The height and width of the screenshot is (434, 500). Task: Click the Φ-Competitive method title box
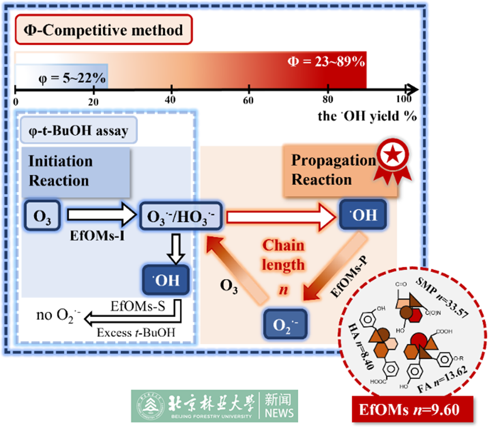pos(103,30)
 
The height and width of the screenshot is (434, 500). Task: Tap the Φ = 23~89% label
pos(326,62)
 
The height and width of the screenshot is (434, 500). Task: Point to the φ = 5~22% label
pos(72,78)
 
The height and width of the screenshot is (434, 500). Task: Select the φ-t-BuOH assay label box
pos(78,131)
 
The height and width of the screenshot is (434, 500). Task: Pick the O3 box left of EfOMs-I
pos(42,216)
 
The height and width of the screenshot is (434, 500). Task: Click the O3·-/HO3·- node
pos(180,216)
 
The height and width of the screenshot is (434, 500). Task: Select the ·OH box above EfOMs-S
pos(166,280)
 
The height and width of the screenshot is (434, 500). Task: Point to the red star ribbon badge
pos(392,160)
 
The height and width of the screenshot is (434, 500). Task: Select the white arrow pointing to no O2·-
pos(133,318)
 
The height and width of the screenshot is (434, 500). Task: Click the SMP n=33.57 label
pos(442,297)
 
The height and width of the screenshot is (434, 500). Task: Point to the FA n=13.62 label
pos(442,380)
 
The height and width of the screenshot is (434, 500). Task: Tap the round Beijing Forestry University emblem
pos(148,406)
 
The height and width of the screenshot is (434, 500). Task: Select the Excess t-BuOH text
pos(136,332)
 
